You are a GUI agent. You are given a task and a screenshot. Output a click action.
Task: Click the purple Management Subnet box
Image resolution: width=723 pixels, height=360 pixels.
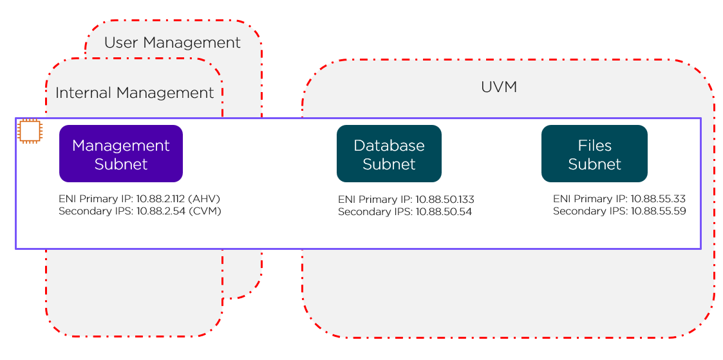[121, 154]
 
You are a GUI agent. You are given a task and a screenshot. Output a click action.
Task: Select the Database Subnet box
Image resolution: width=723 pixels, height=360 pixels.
[389, 154]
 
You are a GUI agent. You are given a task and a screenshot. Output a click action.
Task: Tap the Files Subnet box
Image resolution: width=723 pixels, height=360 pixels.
[594, 154]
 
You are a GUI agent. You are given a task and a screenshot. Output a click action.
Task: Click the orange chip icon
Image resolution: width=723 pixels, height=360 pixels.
[29, 131]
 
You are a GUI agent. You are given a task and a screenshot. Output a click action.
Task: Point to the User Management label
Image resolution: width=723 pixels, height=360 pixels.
[172, 43]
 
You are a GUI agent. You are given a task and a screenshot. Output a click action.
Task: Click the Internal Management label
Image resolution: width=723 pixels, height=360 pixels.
[135, 93]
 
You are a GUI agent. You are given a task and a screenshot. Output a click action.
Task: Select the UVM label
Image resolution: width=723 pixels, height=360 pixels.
[499, 87]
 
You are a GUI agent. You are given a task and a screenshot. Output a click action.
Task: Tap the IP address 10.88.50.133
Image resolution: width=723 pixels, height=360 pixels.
[445, 200]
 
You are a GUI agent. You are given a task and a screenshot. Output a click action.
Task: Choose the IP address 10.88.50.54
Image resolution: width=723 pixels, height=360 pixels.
[444, 211]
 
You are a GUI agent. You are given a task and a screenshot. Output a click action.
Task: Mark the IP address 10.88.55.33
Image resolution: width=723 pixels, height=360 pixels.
[657, 200]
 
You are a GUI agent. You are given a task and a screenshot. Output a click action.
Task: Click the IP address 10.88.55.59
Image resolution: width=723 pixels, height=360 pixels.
[658, 211]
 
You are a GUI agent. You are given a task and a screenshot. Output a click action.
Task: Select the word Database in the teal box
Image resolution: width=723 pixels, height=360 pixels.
[389, 145]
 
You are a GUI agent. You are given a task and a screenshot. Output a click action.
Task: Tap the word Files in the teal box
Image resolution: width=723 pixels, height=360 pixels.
[594, 145]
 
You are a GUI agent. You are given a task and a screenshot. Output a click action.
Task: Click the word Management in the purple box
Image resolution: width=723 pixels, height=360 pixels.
[121, 145]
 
